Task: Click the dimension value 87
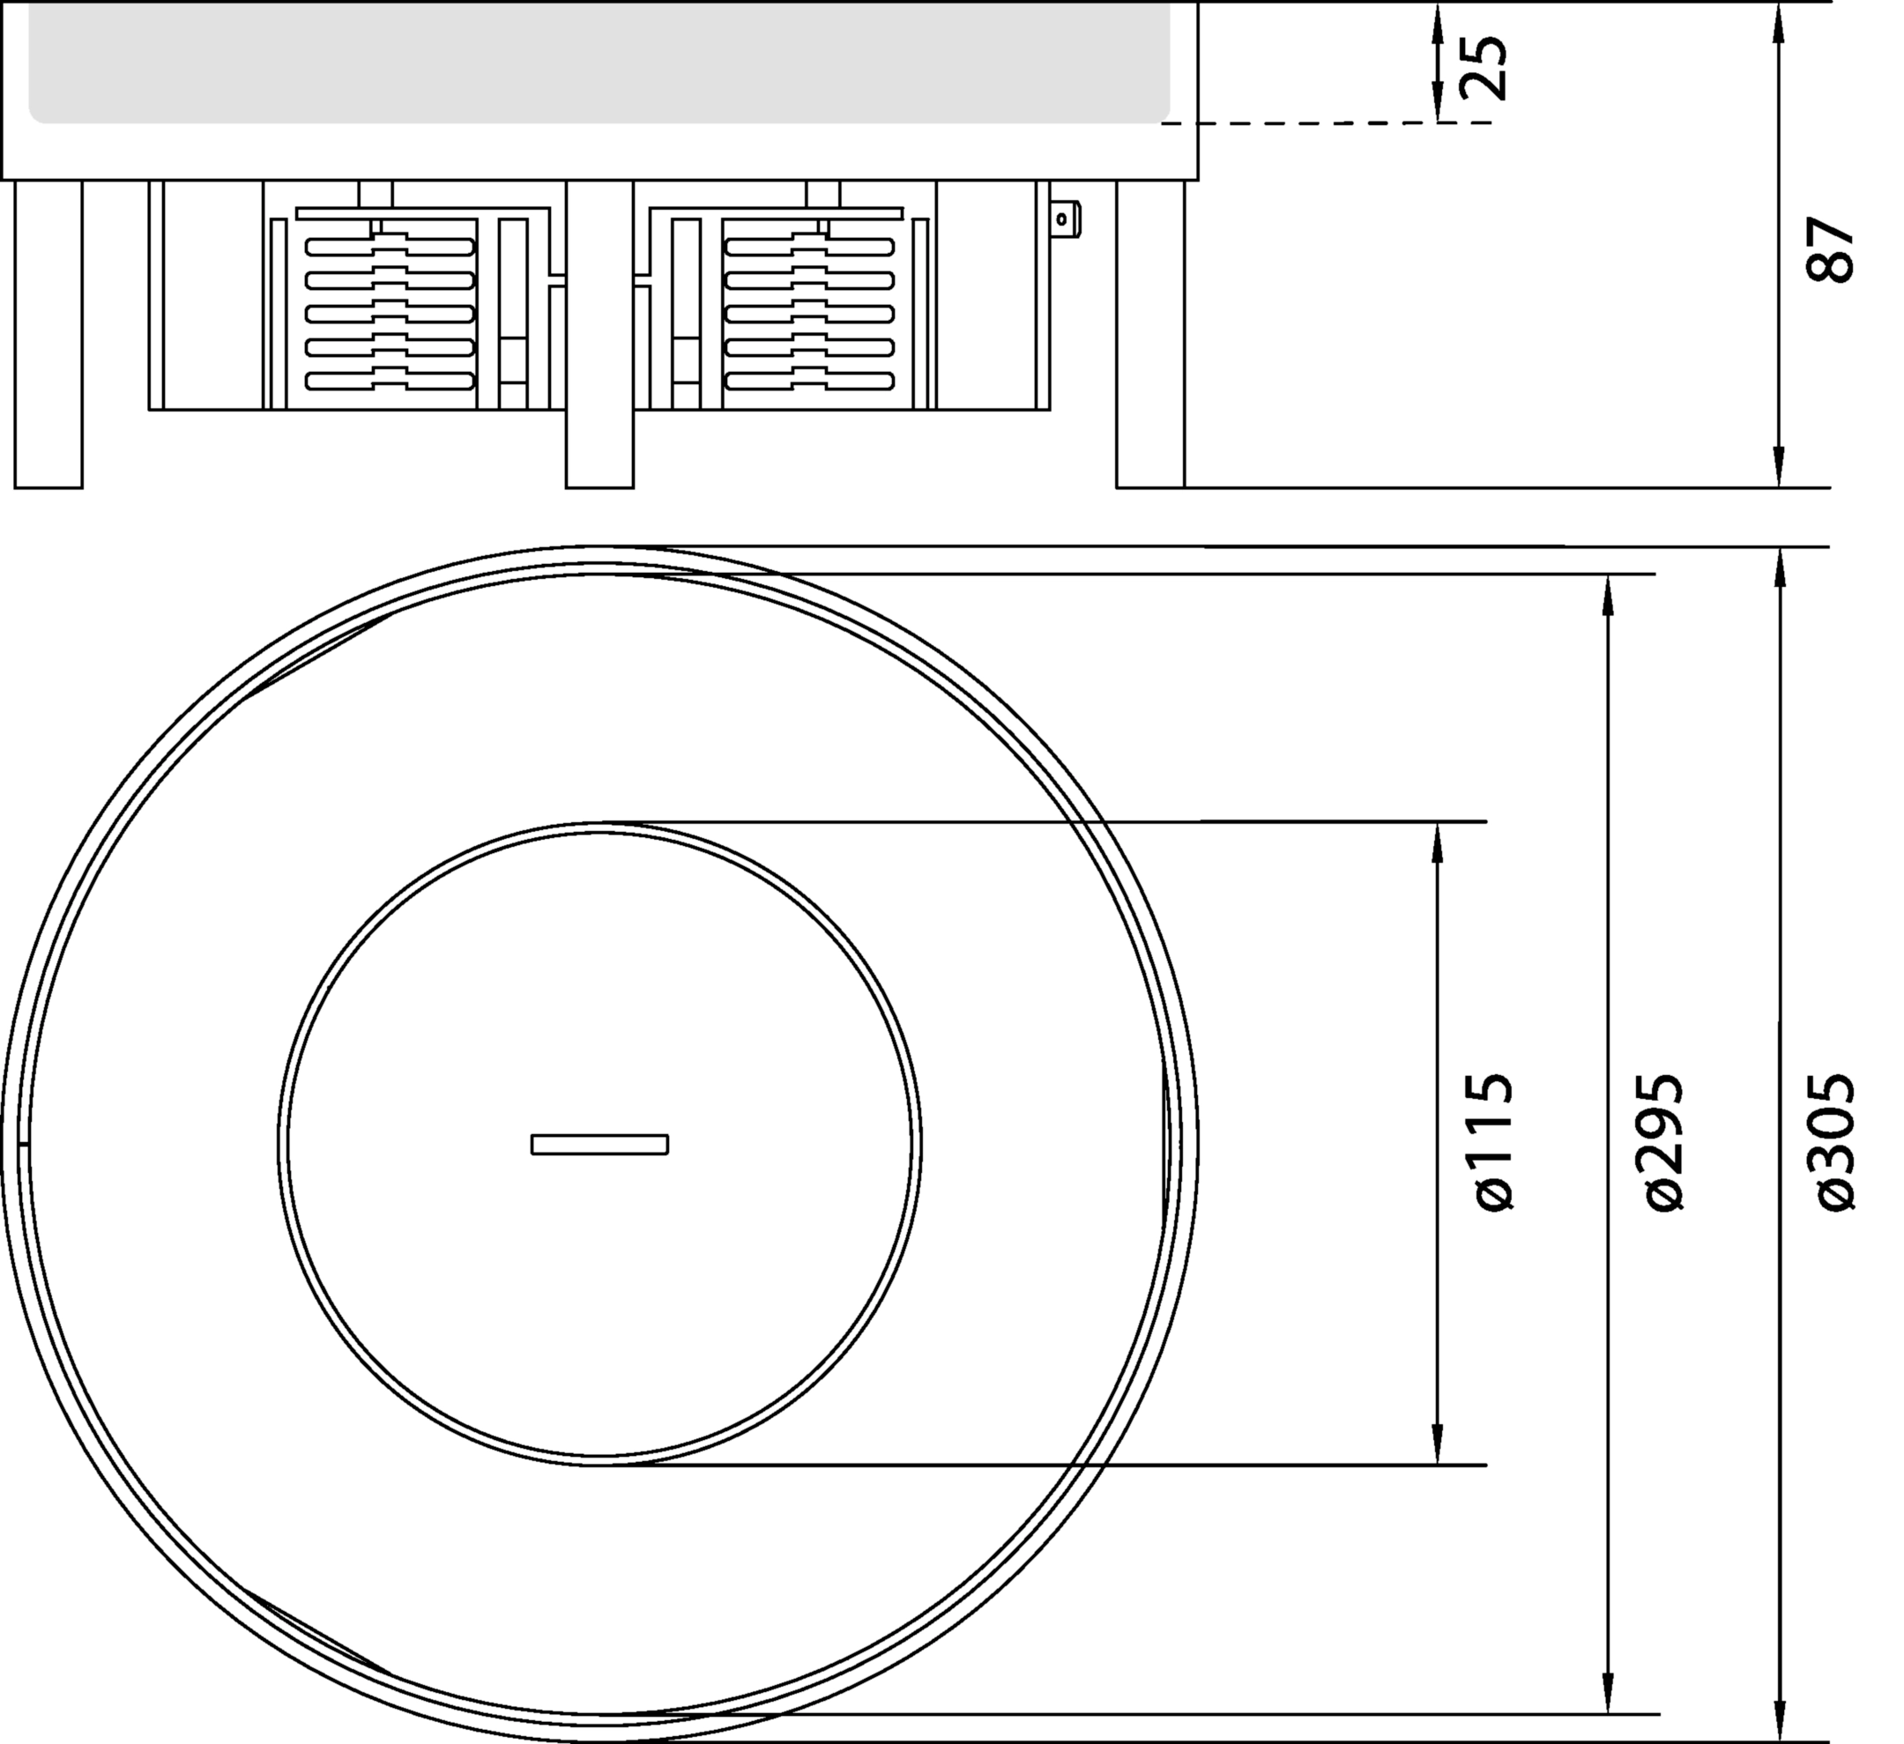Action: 1830,250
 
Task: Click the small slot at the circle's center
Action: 599,1144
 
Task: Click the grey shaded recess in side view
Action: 599,63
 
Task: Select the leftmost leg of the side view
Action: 48,334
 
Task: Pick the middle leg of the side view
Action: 599,334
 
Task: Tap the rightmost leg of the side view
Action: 1150,334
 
